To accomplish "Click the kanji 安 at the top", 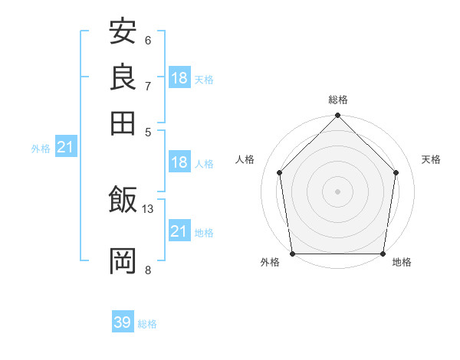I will pos(123,33).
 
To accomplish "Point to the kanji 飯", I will pos(123,201).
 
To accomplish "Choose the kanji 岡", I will pos(123,260).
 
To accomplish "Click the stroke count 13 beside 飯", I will pos(148,208).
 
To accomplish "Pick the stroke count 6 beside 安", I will pos(148,40).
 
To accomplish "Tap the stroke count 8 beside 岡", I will pos(148,269).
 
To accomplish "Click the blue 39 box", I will pos(123,322).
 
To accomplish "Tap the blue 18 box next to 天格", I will pos(179,78).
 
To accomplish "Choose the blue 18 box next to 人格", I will pos(179,162).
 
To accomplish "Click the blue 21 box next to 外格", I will pos(65,147).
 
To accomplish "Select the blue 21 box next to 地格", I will pos(179,231).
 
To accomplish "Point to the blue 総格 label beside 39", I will pos(147,324).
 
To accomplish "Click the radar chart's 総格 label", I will pos(338,100).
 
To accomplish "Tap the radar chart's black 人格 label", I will pos(245,159).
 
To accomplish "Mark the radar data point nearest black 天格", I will pos(396,172).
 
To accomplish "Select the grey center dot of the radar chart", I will pos(338,191).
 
